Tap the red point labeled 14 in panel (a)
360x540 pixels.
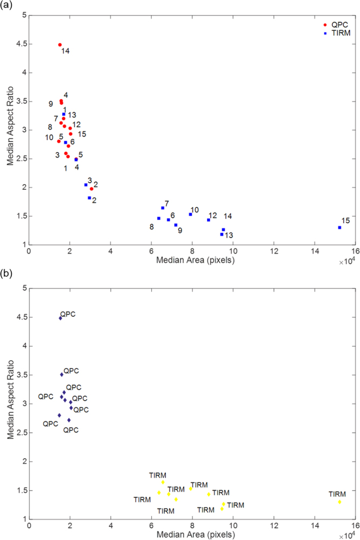(x=59, y=45)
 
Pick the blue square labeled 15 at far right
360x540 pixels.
(x=339, y=228)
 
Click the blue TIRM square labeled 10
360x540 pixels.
(x=190, y=215)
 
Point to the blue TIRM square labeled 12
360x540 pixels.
(x=209, y=220)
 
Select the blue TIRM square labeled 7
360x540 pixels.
(x=163, y=208)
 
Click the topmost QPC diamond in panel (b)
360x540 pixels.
(x=60, y=318)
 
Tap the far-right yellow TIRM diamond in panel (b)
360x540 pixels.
(x=339, y=502)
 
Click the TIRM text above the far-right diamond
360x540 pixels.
(x=337, y=494)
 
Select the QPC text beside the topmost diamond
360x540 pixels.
(x=69, y=314)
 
